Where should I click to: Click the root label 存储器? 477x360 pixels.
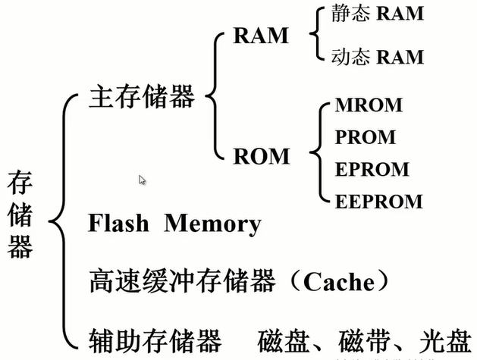point(20,215)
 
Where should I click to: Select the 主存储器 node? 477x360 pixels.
point(142,97)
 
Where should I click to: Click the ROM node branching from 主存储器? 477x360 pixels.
point(261,156)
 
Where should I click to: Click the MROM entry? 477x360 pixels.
point(369,105)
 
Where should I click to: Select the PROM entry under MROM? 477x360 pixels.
point(365,137)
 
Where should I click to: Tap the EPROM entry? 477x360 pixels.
point(372,169)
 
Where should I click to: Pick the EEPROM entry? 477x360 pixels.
point(378,201)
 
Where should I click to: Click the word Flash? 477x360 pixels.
point(121,224)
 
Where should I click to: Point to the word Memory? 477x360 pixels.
point(213,224)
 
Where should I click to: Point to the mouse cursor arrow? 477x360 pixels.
point(142,180)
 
